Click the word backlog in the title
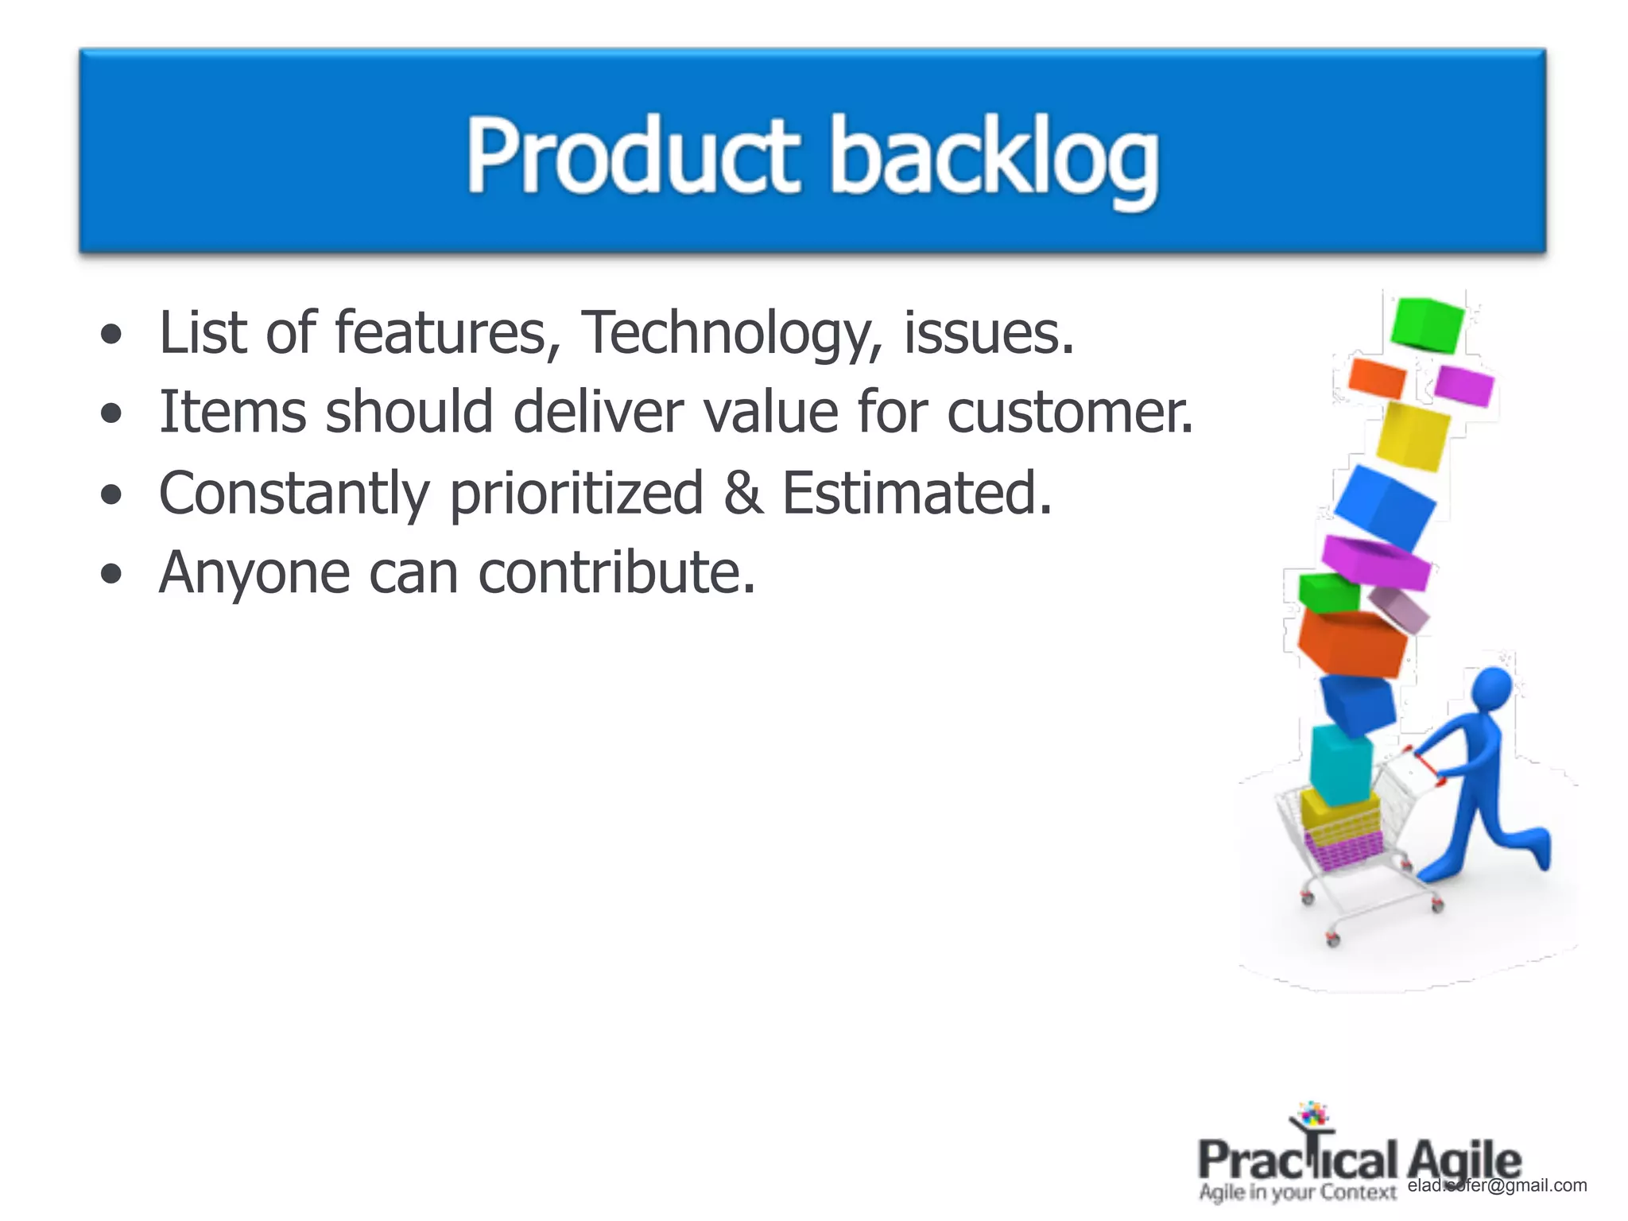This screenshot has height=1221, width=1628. [x=994, y=159]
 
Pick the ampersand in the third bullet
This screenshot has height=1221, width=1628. [x=743, y=493]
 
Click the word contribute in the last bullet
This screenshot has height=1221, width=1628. [x=616, y=572]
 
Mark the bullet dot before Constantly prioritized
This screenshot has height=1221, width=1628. [x=112, y=495]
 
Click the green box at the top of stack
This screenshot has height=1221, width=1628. [x=1427, y=324]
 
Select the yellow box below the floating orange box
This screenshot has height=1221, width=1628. [x=1412, y=436]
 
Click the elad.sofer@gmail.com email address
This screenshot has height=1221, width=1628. [x=1496, y=1185]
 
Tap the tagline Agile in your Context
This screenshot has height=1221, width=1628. [x=1297, y=1192]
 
